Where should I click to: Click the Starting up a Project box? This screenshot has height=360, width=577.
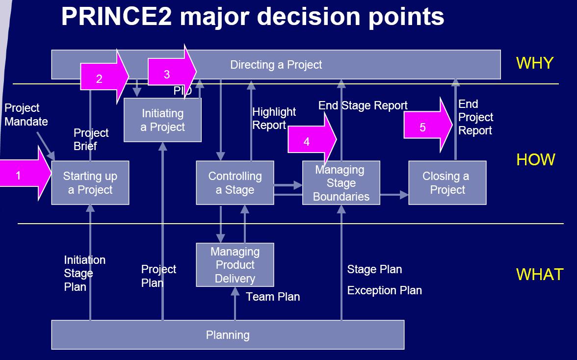(90, 183)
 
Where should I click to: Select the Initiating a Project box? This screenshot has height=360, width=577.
(162, 120)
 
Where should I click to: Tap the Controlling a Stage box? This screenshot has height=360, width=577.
(235, 183)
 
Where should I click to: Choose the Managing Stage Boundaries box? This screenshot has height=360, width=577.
(341, 183)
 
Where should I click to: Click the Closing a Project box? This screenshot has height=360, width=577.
(447, 183)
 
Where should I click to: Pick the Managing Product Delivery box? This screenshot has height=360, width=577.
(235, 265)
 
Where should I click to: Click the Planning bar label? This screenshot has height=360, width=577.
(228, 335)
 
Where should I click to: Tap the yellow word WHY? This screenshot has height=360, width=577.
(534, 63)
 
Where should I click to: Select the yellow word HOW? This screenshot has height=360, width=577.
(535, 160)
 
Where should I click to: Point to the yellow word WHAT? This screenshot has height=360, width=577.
(540, 274)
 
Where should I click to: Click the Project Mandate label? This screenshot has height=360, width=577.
(26, 115)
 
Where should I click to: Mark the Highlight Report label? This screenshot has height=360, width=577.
(274, 118)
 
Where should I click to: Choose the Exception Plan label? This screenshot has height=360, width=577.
(384, 290)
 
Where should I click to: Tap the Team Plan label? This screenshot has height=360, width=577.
(273, 297)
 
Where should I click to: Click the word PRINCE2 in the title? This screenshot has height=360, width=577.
(117, 17)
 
